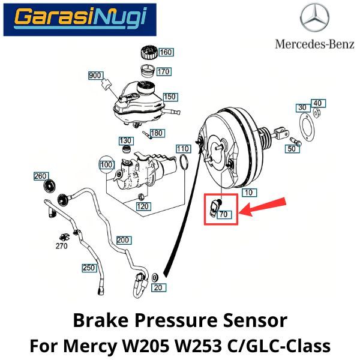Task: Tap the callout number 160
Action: tap(166, 52)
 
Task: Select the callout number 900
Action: tap(95, 76)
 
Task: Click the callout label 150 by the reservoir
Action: tap(170, 97)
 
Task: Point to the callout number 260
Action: tap(41, 176)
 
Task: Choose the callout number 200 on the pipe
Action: tap(124, 240)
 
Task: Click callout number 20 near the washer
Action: tap(158, 288)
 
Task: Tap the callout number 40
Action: tap(317, 103)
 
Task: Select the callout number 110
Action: tap(183, 148)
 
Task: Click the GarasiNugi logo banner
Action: tap(79, 18)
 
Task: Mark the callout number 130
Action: tap(125, 140)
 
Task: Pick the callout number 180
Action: tap(157, 133)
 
